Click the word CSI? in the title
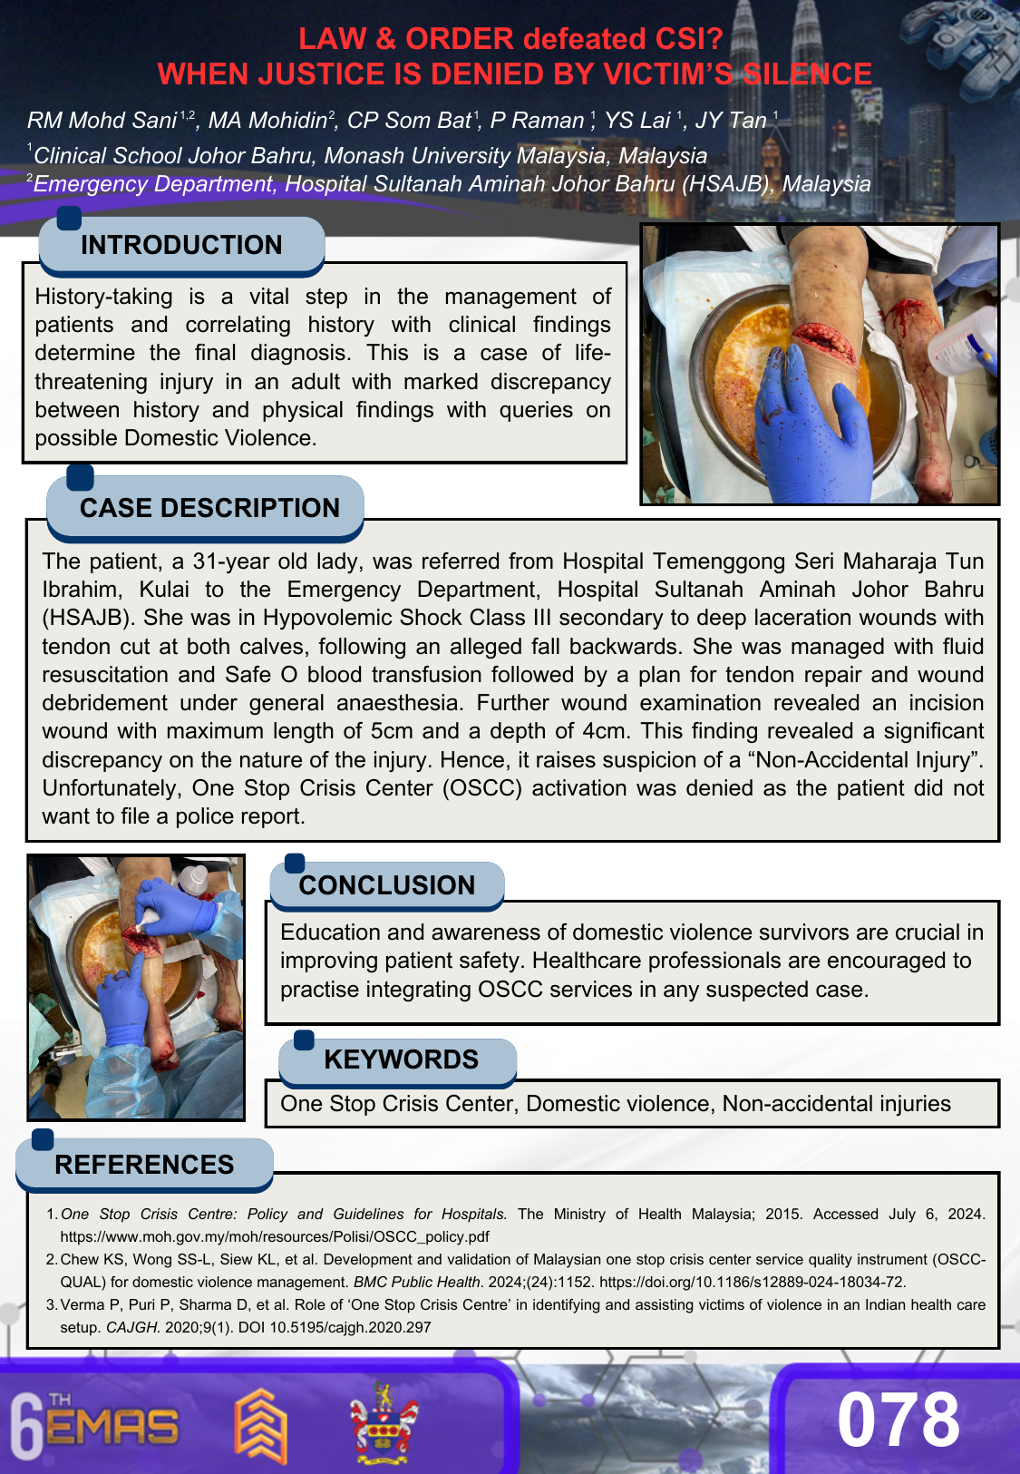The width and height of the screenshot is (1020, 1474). coord(683,38)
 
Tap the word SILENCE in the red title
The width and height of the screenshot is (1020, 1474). coord(804,73)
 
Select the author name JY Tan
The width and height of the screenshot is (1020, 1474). coord(731,120)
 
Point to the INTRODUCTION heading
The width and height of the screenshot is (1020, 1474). coord(181,245)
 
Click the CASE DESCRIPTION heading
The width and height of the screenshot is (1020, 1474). coord(209,508)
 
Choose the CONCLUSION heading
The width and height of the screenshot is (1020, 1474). coord(386,885)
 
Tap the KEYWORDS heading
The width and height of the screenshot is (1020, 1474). coord(401,1059)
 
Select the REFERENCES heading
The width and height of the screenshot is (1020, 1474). coord(144,1165)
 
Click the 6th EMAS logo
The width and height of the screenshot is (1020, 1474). coord(94,1426)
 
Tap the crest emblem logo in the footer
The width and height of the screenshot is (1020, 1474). coord(384,1422)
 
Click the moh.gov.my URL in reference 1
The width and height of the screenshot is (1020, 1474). coord(275,1236)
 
